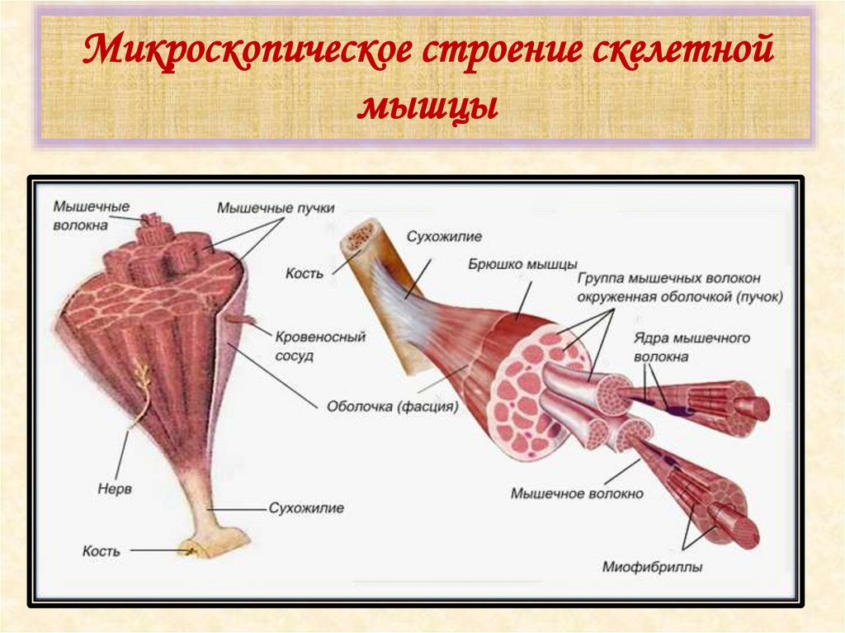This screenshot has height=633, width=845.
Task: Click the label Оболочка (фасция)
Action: (x=392, y=405)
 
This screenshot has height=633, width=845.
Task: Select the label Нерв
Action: (x=103, y=489)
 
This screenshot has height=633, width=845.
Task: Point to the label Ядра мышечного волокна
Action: (x=692, y=347)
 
